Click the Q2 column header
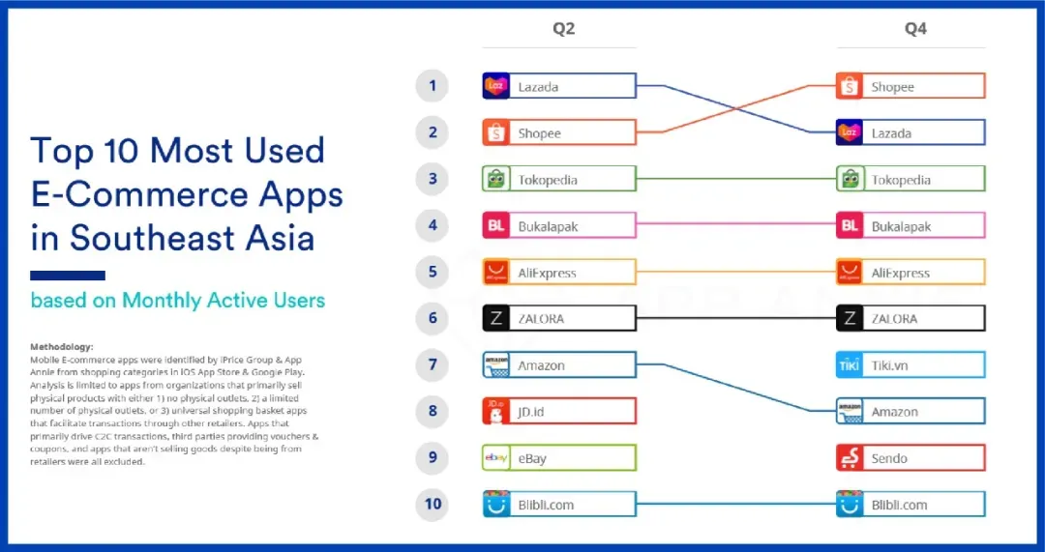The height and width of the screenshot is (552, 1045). click(563, 29)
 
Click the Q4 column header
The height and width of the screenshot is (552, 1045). click(915, 29)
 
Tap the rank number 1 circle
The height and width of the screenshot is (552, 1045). click(433, 86)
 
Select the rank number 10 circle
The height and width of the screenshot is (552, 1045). click(433, 504)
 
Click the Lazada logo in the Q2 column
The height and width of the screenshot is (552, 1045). click(495, 86)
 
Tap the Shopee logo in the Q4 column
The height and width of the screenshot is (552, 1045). click(850, 87)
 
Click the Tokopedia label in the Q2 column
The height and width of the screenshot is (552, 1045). click(548, 180)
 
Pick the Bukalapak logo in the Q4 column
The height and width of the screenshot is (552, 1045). click(850, 225)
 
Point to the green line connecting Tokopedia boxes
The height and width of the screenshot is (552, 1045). click(736, 179)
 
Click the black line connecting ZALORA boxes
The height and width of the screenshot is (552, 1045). click(736, 318)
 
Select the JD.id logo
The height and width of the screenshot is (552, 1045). click(495, 412)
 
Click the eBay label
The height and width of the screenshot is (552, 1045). click(532, 459)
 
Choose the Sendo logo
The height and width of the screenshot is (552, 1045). click(850, 458)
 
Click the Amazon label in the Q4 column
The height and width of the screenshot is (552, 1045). click(894, 412)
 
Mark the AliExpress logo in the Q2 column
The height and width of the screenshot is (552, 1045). click(495, 273)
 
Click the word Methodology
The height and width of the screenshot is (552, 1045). click(62, 346)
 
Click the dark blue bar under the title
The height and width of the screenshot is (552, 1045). click(68, 276)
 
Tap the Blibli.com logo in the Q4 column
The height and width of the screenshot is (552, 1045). click(850, 504)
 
